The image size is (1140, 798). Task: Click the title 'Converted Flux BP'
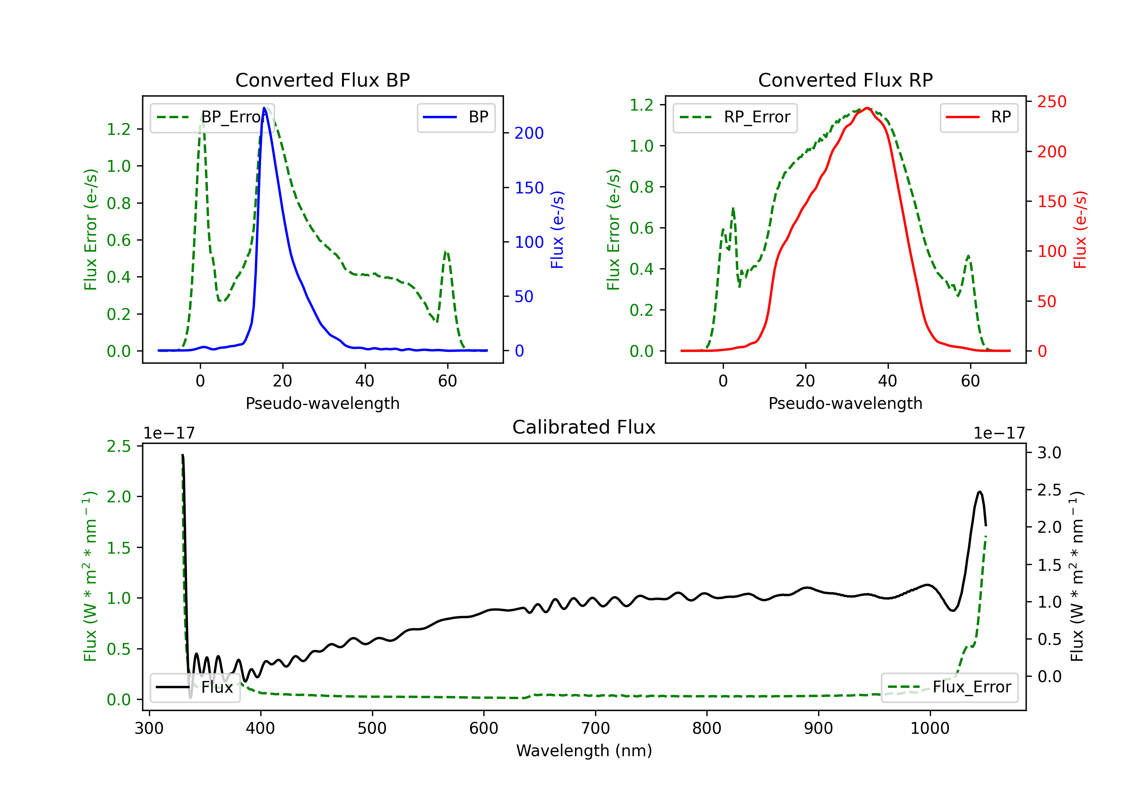[x=322, y=80]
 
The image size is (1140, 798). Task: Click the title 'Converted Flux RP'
[x=845, y=80]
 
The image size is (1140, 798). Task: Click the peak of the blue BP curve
[x=264, y=108]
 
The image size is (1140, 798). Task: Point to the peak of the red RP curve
[x=867, y=108]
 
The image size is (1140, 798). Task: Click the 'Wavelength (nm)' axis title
[x=584, y=750]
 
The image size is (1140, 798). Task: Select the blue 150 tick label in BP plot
[x=529, y=188]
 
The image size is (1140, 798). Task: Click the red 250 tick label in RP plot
[x=1051, y=102]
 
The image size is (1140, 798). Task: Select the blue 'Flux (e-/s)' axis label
[x=557, y=230]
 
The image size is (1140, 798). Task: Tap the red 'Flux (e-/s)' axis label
[x=1080, y=230]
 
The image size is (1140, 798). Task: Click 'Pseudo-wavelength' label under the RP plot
[x=845, y=403]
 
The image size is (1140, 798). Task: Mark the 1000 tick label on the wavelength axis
[x=929, y=728]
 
